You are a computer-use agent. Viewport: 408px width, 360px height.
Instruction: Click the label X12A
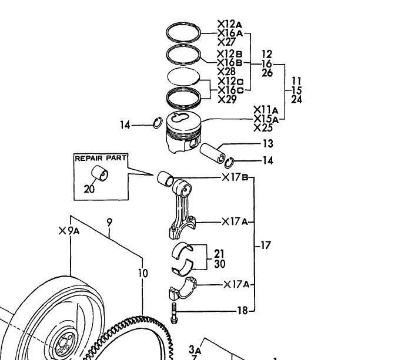coord(230,24)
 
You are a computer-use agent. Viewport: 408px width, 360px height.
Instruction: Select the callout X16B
coord(230,63)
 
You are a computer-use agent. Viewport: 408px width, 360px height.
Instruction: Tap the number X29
coord(227,99)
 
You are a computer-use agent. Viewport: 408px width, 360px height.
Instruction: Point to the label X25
coord(263,128)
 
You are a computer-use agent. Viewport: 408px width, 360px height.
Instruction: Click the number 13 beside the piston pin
coord(268,143)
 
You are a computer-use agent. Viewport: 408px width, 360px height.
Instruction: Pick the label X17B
coord(235,177)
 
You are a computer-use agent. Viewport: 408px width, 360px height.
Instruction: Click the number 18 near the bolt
coord(242,310)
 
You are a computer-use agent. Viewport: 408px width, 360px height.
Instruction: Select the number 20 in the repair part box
coord(89,189)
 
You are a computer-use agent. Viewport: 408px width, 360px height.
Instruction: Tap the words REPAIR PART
coord(101,158)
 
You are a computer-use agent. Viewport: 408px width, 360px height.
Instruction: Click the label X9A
coord(69,231)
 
